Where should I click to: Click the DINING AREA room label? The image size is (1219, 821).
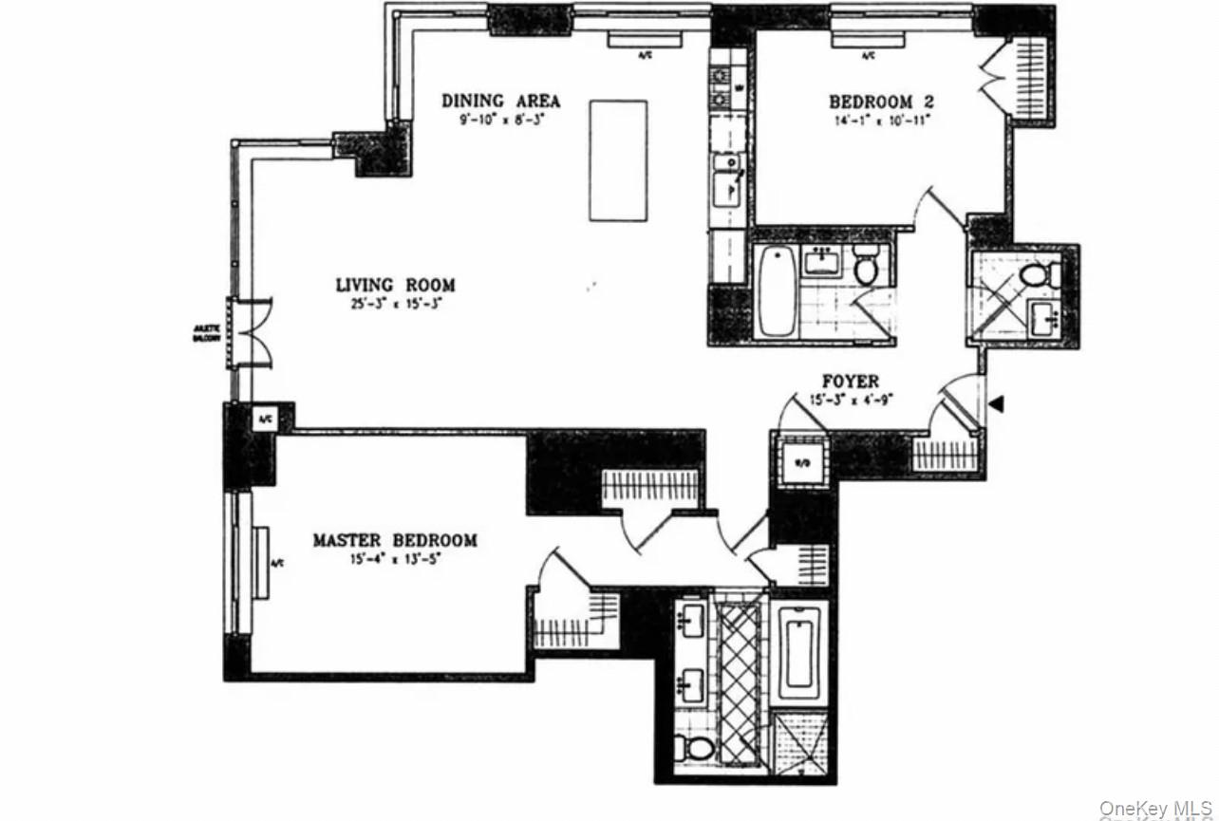tap(500, 101)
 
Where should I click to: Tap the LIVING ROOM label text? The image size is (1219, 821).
tap(395, 285)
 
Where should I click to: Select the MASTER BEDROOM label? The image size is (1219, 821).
tap(395, 540)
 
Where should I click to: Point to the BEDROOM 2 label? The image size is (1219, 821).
tap(871, 102)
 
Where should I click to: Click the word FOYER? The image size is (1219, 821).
tap(850, 382)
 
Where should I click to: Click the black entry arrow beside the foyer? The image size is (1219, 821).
tap(995, 404)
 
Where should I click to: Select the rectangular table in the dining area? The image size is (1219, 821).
tap(618, 160)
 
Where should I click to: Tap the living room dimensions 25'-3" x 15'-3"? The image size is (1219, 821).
tap(395, 305)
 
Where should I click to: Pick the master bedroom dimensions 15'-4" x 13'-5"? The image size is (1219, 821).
tap(395, 559)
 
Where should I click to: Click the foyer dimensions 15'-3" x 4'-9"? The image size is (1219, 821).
tap(850, 400)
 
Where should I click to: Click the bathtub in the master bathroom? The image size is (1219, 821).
tap(802, 652)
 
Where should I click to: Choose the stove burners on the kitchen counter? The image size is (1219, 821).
tap(720, 85)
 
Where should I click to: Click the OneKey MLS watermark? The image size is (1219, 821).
tap(1157, 809)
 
